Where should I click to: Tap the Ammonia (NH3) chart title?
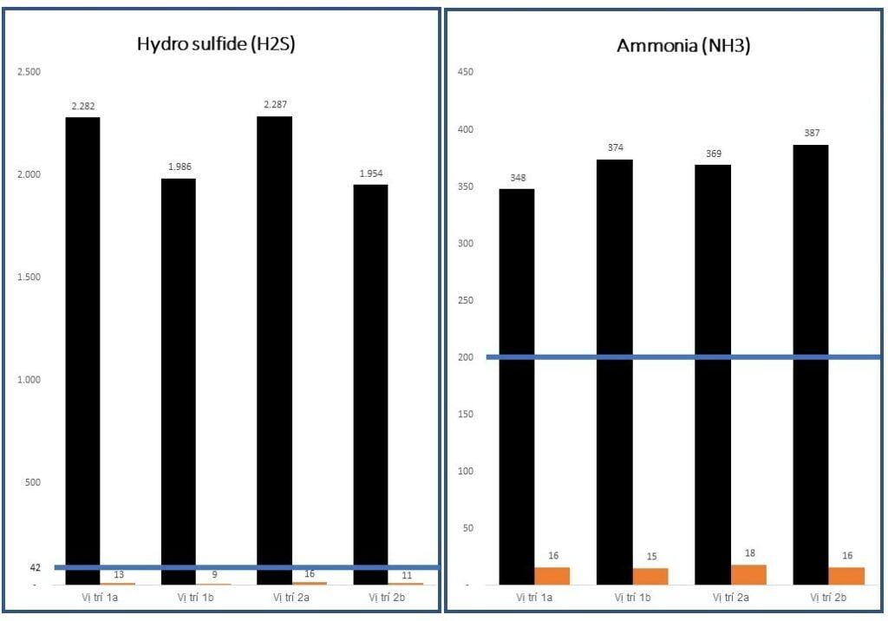(x=683, y=46)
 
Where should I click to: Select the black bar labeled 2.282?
(x=83, y=347)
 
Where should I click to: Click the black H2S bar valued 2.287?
(x=275, y=347)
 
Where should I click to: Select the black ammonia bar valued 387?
(x=811, y=364)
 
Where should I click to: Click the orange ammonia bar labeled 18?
(x=749, y=574)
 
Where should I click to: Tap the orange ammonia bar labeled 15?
(x=651, y=576)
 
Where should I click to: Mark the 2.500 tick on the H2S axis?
(x=29, y=71)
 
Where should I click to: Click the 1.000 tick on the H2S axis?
(x=29, y=380)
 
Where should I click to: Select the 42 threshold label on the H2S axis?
(x=36, y=567)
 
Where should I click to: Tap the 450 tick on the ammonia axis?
(x=465, y=71)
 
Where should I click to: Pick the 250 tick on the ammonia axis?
(x=465, y=300)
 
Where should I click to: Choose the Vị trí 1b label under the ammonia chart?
(x=633, y=598)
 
